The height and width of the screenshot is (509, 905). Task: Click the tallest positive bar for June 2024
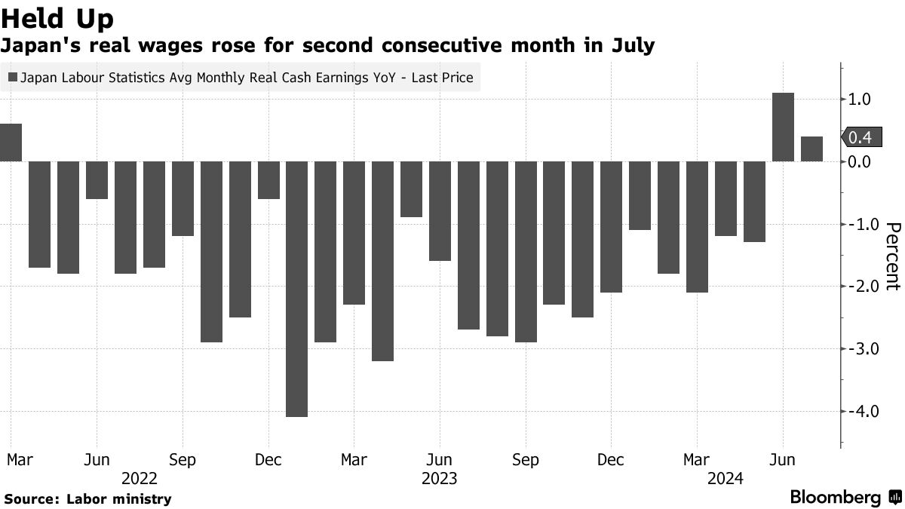click(x=784, y=127)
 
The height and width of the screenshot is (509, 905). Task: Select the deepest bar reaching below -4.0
click(x=297, y=289)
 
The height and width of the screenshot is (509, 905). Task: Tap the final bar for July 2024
click(x=812, y=149)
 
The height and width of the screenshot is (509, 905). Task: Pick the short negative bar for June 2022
click(x=97, y=179)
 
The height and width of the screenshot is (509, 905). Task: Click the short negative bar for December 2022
click(x=268, y=179)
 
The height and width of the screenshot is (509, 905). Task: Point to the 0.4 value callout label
click(x=859, y=137)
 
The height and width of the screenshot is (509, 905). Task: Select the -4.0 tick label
click(x=860, y=411)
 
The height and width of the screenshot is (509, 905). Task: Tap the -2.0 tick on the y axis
click(x=860, y=287)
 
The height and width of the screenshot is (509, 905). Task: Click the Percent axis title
click(x=893, y=256)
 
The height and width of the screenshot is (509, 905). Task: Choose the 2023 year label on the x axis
click(x=439, y=478)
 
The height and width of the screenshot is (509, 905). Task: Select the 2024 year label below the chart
click(x=726, y=478)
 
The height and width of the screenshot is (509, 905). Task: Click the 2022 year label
click(x=140, y=478)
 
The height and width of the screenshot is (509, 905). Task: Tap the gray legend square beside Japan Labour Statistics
click(x=13, y=77)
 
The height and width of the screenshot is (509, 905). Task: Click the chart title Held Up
click(x=59, y=18)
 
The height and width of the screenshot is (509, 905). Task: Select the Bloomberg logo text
click(x=836, y=498)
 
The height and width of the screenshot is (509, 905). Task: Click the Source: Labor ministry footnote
click(x=88, y=498)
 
